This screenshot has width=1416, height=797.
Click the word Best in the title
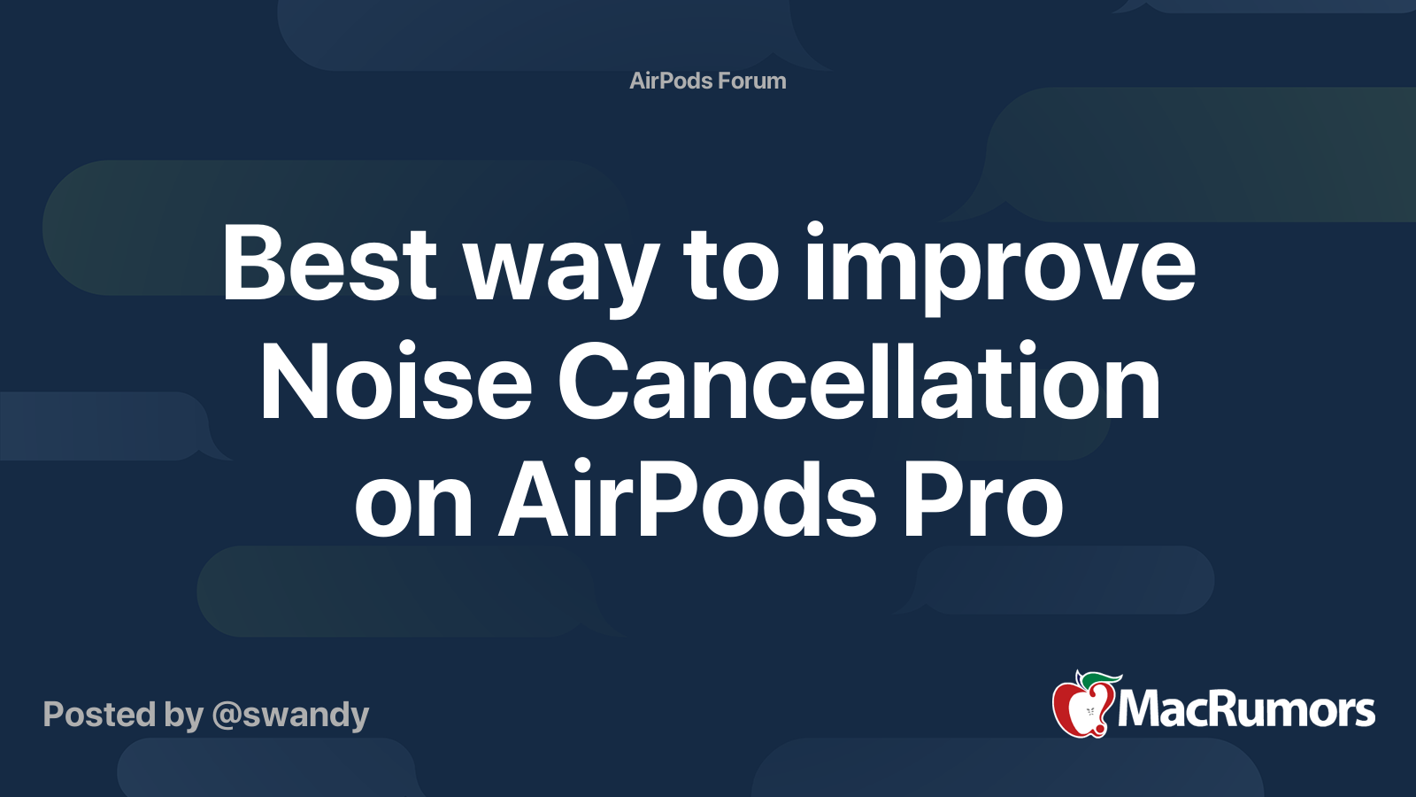click(x=328, y=262)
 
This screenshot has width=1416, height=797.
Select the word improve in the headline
click(x=1000, y=268)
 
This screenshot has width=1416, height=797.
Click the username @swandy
click(x=291, y=716)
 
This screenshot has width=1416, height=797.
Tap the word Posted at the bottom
click(x=99, y=714)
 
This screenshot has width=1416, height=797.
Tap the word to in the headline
click(x=732, y=269)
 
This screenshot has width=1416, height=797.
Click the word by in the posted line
click(x=184, y=716)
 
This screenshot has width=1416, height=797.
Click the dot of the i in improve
click(x=815, y=229)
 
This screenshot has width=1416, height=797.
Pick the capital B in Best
click(x=250, y=262)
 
